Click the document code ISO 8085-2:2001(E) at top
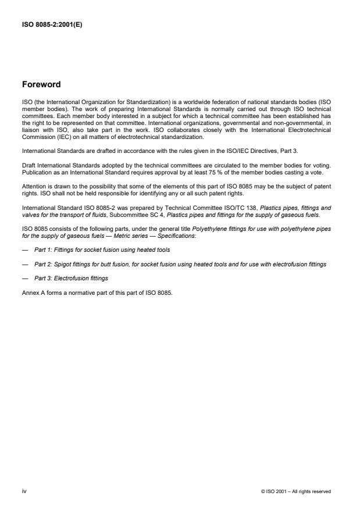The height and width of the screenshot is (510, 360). [51, 24]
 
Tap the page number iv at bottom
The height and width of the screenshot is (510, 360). [24, 491]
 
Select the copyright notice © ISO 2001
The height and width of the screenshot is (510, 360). [297, 491]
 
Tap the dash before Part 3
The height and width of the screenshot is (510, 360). [24, 279]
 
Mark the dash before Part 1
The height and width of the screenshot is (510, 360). [24, 249]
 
